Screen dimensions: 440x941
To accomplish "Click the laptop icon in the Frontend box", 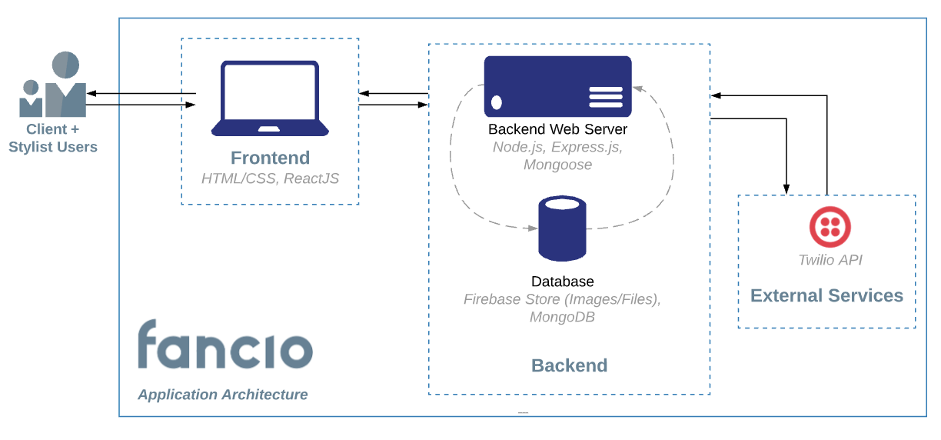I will point(270,98).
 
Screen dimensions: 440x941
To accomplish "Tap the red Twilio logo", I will point(830,227).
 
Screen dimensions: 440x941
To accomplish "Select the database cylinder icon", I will point(562,228).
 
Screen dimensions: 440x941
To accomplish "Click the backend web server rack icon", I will point(557,86).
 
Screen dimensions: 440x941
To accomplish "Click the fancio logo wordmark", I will point(224,345).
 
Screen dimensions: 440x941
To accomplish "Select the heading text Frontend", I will point(270,158).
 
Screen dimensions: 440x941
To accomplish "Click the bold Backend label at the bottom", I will point(569,365).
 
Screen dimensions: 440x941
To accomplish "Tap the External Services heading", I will point(826,295).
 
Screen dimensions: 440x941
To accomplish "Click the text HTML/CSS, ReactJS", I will point(270,178).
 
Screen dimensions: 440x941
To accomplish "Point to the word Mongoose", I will point(557,165).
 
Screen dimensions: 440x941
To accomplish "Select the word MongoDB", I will point(562,317).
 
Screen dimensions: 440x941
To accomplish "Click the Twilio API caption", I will point(830,260).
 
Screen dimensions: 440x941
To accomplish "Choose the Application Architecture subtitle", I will point(223,395).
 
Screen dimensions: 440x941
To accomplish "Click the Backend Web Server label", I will point(557,129).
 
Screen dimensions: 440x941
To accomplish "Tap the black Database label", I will point(562,282).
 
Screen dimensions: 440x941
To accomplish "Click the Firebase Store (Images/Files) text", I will point(562,299).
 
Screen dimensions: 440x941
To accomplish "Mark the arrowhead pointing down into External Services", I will point(786,188).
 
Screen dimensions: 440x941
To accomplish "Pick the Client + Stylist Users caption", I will point(52,138).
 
